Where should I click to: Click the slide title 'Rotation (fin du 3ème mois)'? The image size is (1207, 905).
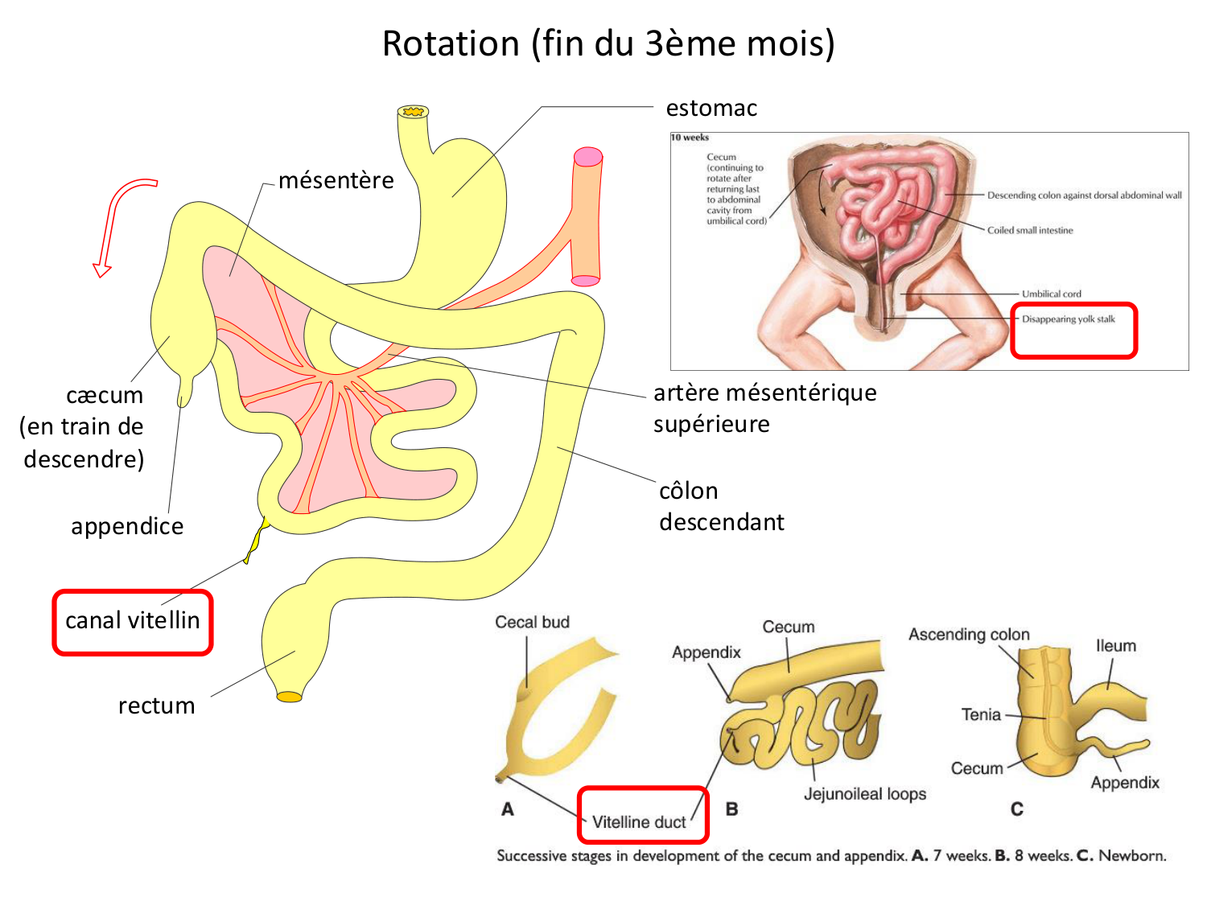[x=608, y=43]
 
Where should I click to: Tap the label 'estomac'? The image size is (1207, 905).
[x=711, y=108]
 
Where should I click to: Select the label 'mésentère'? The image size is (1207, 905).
[x=336, y=180]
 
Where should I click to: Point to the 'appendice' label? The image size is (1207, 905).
[x=127, y=526]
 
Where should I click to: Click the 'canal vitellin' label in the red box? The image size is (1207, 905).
[x=133, y=620]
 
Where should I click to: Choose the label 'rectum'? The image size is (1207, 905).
[x=157, y=705]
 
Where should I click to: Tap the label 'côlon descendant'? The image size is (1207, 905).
[x=721, y=506]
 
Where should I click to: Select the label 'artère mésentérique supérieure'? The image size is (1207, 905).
[x=764, y=408]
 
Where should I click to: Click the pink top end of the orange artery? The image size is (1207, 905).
[x=588, y=156]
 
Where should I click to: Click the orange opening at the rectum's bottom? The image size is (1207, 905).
[x=289, y=697]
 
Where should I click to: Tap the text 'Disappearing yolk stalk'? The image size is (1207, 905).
[x=1069, y=319]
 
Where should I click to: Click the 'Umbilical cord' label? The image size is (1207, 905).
[x=1051, y=294]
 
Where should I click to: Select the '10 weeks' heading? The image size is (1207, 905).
[x=690, y=138]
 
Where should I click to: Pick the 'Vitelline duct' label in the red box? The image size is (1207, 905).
[x=639, y=822]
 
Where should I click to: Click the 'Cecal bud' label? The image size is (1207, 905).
[x=532, y=622]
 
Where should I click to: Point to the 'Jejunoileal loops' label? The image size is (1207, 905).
[x=865, y=794]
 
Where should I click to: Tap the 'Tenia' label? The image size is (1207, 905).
[x=981, y=714]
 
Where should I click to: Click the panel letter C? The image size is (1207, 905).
[x=1017, y=809]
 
